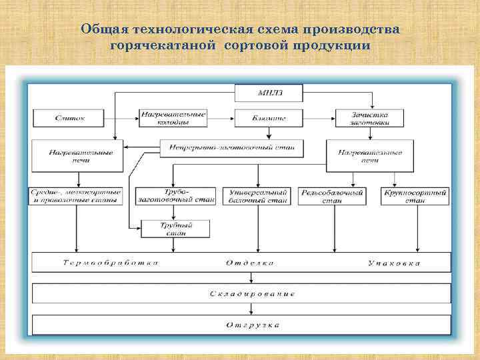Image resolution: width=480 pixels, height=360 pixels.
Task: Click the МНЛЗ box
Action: (x=268, y=93)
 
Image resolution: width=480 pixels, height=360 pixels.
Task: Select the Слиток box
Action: (x=69, y=117)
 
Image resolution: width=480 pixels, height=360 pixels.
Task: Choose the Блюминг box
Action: (x=267, y=118)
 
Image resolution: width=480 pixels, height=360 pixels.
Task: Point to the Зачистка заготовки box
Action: (x=371, y=118)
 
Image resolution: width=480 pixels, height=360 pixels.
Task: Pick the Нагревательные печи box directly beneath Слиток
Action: (x=77, y=156)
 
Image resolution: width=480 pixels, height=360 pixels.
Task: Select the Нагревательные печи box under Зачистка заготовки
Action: (x=371, y=156)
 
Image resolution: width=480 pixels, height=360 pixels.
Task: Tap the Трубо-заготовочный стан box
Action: (x=175, y=195)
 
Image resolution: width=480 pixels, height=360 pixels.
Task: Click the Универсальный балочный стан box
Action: (x=257, y=195)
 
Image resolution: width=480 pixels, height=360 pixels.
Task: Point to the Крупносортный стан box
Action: (x=416, y=195)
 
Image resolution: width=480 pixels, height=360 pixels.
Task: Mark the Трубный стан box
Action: (x=175, y=229)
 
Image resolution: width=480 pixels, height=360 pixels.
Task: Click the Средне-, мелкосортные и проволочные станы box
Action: (x=75, y=195)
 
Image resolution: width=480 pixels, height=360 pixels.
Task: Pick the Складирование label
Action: (x=251, y=293)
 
